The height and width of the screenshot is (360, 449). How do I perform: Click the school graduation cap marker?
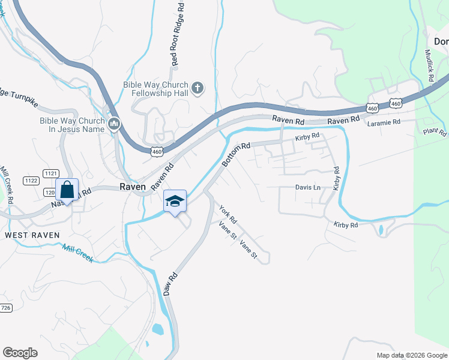[x=175, y=202]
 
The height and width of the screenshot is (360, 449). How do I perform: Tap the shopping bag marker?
[x=67, y=190]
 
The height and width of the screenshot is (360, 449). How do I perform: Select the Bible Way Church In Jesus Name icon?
[x=114, y=124]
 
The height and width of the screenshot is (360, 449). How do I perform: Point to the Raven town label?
[x=133, y=187]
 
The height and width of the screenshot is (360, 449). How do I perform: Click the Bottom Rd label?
[x=235, y=155]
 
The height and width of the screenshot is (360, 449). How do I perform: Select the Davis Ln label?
[x=308, y=187]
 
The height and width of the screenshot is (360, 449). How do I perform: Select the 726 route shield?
[x=5, y=308]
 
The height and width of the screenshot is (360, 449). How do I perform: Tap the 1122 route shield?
[x=31, y=181]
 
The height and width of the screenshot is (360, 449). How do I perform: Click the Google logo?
[x=20, y=353]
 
